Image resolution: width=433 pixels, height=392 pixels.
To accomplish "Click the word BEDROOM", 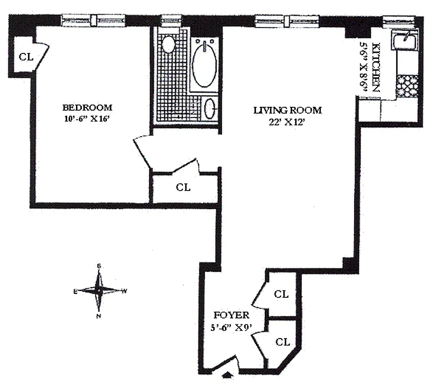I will click(x=87, y=107).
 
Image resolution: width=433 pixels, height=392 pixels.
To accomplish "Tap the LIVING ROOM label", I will click(x=287, y=110).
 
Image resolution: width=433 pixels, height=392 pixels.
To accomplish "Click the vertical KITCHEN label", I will click(x=377, y=68).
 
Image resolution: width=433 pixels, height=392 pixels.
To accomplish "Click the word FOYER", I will click(x=231, y=315).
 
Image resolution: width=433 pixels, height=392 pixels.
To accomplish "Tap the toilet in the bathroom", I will click(x=168, y=45).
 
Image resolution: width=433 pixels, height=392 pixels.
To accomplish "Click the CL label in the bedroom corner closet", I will click(x=25, y=57).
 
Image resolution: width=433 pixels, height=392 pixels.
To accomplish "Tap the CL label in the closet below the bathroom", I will click(x=183, y=187).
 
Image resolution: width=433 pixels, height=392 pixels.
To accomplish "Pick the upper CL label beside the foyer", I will click(x=281, y=294).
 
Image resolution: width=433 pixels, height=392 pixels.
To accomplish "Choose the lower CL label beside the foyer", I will click(x=282, y=342).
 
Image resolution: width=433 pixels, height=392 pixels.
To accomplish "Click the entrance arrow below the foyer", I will click(x=228, y=375).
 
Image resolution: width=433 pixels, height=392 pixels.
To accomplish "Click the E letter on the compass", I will click(x=76, y=292).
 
